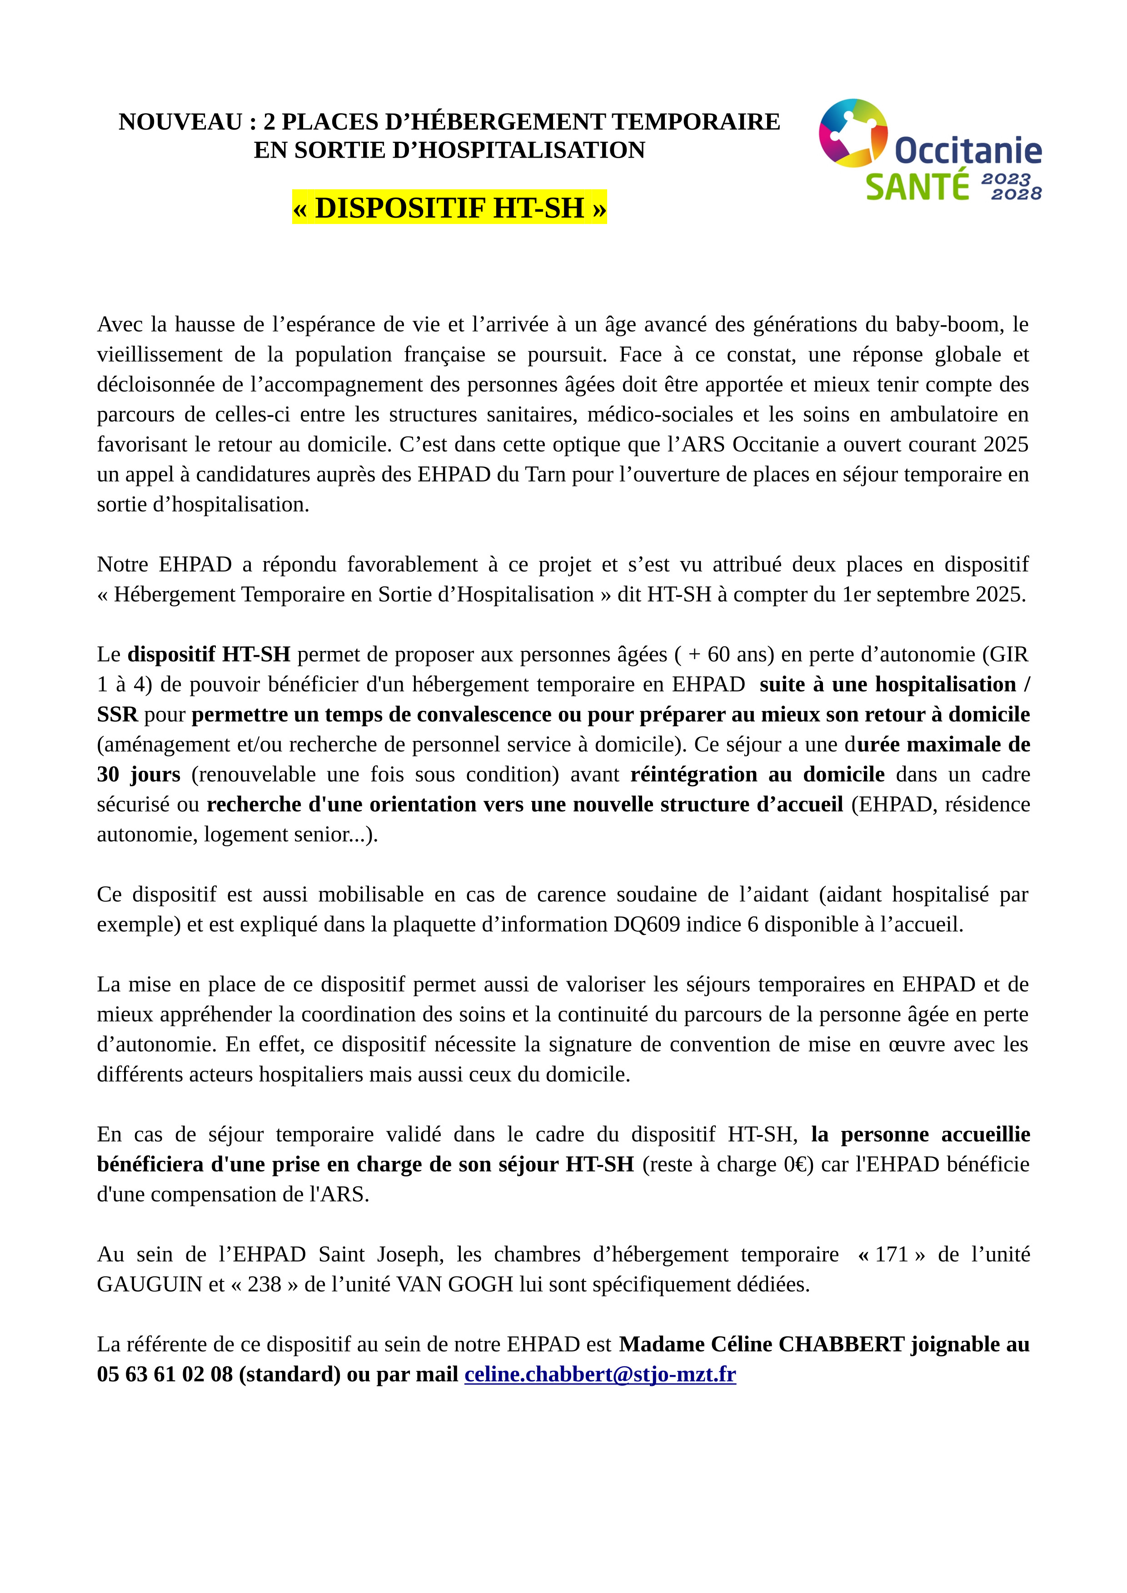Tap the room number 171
point(891,1255)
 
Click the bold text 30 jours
point(138,774)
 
